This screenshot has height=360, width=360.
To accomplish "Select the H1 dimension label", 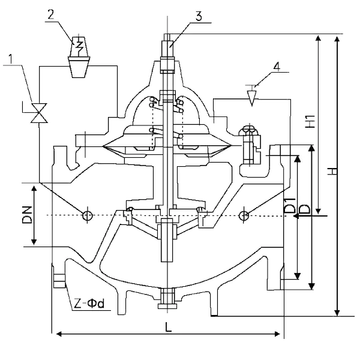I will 310,121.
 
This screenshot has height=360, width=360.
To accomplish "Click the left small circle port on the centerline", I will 88,214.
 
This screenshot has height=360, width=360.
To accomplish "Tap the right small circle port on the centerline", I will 244,215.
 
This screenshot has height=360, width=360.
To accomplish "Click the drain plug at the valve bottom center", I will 166,298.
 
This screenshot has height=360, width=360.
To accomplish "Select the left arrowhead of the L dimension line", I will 58,334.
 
